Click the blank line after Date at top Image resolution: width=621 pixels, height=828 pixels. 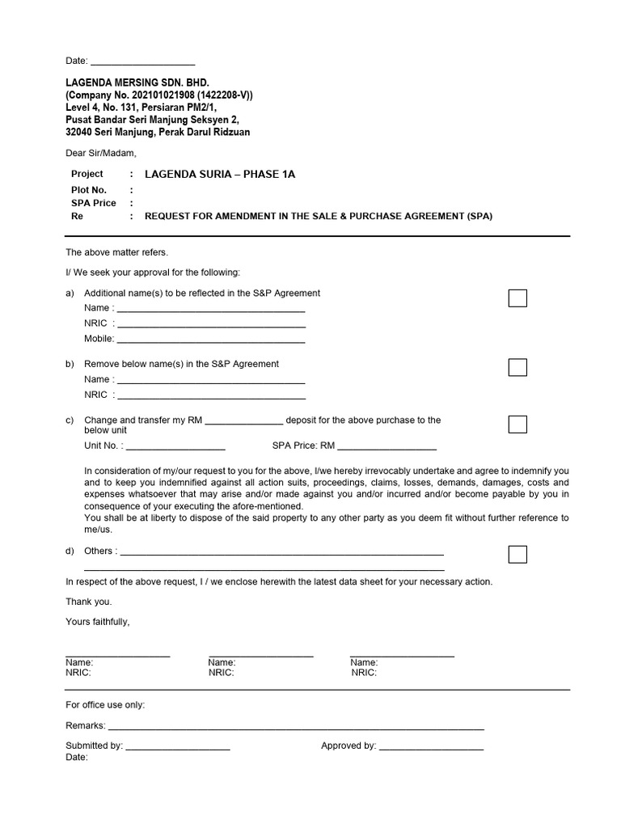pyautogui.click(x=143, y=61)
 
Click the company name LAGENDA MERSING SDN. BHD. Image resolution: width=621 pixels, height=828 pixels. pyautogui.click(x=137, y=82)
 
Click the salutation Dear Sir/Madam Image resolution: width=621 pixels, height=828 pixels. pyautogui.click(x=101, y=153)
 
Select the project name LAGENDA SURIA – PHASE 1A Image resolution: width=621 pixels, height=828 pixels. pyautogui.click(x=220, y=174)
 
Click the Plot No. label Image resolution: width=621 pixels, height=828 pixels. pyautogui.click(x=89, y=189)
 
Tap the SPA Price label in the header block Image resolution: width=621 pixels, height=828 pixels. pyautogui.click(x=93, y=203)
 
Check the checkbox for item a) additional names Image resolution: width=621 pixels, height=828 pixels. pyautogui.click(x=517, y=298)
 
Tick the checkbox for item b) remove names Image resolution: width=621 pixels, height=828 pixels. pyautogui.click(x=517, y=367)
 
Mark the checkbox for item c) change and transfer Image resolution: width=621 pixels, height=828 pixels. pyautogui.click(x=517, y=425)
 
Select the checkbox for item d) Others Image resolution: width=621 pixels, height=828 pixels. pyautogui.click(x=517, y=554)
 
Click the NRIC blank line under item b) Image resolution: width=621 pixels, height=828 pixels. pyautogui.click(x=211, y=397)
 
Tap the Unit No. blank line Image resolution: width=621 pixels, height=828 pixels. pyautogui.click(x=175, y=447)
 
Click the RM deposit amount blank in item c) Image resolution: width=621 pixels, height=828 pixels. pyautogui.click(x=245, y=422)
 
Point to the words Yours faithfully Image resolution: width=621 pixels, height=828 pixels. pyautogui.click(x=97, y=622)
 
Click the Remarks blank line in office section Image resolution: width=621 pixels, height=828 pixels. pyautogui.click(x=295, y=728)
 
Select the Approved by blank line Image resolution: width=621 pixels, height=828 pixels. pyautogui.click(x=431, y=748)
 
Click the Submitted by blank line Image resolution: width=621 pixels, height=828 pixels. pyautogui.click(x=178, y=748)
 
